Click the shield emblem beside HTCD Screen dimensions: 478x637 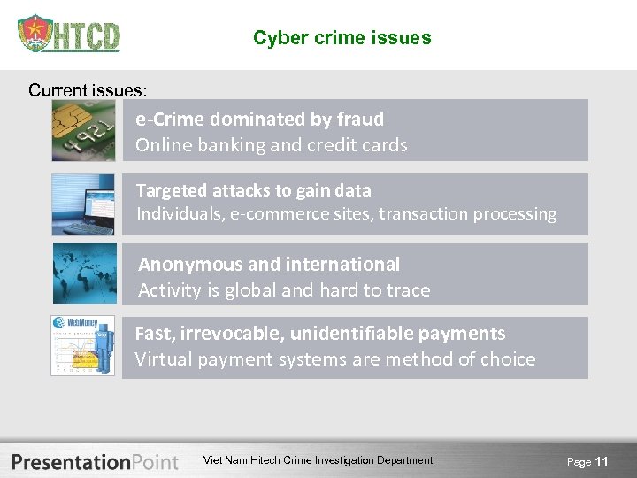35,34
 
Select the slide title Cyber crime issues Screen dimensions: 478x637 342,38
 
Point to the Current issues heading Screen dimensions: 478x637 88,90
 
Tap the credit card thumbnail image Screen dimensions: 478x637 82,130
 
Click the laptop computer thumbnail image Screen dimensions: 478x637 82,204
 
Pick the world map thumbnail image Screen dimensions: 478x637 82,274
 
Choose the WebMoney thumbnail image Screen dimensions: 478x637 82,346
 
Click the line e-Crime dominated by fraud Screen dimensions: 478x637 259,119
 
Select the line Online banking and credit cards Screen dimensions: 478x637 271,145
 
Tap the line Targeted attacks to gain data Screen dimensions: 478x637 253,190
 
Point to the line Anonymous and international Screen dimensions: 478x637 269,264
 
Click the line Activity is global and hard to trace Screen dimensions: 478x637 284,290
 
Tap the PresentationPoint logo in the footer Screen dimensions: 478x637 96,461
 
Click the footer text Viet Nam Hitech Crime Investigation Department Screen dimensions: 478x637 318,460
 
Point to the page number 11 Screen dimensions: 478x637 602,461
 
